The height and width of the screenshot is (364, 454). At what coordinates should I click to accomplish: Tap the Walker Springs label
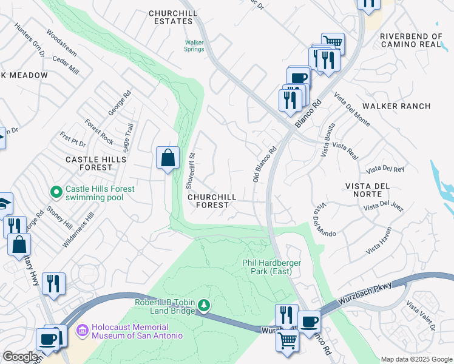click(x=194, y=46)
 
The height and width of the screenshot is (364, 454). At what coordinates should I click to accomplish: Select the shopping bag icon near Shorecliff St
click(x=168, y=158)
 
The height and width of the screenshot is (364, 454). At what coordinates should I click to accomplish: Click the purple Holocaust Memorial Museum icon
click(x=83, y=331)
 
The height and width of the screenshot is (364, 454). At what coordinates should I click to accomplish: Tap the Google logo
click(x=20, y=357)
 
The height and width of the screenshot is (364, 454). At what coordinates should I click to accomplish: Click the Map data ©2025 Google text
click(x=416, y=359)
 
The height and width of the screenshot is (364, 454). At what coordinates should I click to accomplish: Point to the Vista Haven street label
click(x=379, y=240)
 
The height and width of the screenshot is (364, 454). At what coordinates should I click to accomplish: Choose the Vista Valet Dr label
click(x=422, y=317)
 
